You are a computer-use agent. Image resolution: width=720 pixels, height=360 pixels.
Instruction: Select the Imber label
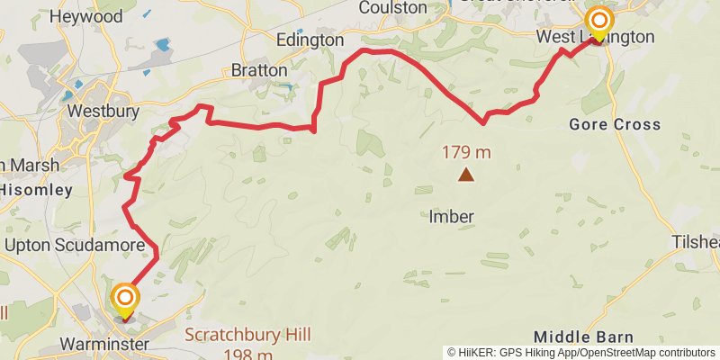click(451, 217)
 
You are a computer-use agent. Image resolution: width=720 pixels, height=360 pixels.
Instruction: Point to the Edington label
click(310, 40)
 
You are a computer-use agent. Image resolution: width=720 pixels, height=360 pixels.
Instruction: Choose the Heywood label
click(86, 16)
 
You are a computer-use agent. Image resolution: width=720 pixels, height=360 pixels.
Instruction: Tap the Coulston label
click(392, 7)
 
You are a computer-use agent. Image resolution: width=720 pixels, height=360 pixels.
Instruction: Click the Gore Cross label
click(615, 124)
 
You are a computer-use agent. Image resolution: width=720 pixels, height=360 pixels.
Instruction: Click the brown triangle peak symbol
click(465, 175)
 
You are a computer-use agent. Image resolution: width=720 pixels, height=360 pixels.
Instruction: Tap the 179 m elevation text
click(465, 153)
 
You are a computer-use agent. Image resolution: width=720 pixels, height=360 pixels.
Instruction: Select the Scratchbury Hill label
click(248, 335)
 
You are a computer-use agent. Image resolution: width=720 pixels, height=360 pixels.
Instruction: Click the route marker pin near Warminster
click(125, 301)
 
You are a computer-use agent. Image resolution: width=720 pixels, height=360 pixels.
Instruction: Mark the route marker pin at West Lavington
click(598, 22)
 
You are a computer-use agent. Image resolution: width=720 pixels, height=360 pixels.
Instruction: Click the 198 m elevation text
click(248, 354)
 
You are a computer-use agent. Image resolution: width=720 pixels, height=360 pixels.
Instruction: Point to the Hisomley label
click(35, 190)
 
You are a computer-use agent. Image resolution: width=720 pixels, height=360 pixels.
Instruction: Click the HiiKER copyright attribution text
click(581, 352)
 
